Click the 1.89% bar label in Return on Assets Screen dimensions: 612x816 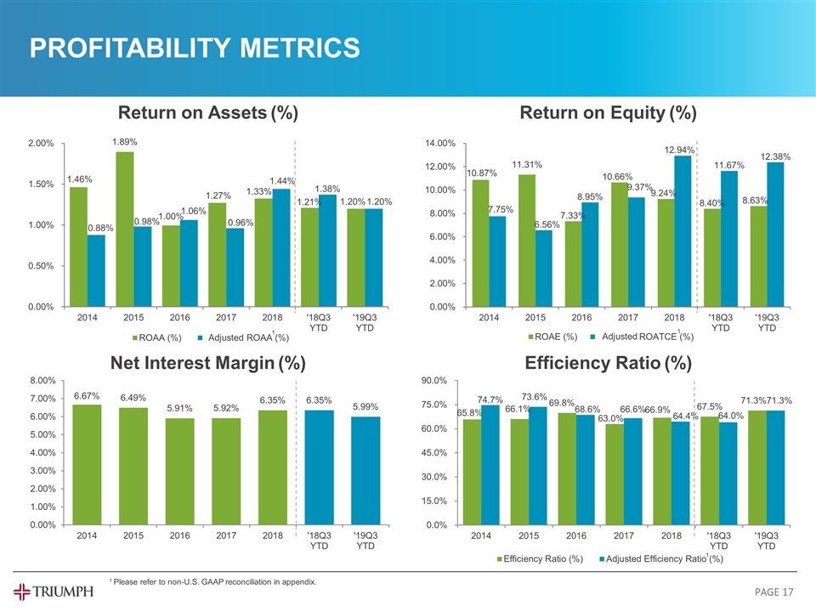125,142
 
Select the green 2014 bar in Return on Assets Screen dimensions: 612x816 78,246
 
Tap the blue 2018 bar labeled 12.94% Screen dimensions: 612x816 682,230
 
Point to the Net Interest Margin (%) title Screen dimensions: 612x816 208,364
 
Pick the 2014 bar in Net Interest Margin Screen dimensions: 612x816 88,464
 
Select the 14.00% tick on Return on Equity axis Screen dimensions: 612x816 440,144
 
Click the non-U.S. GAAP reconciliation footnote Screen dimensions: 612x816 212,582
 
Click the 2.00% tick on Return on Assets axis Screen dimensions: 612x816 39,144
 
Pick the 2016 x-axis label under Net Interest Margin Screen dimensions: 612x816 180,536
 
